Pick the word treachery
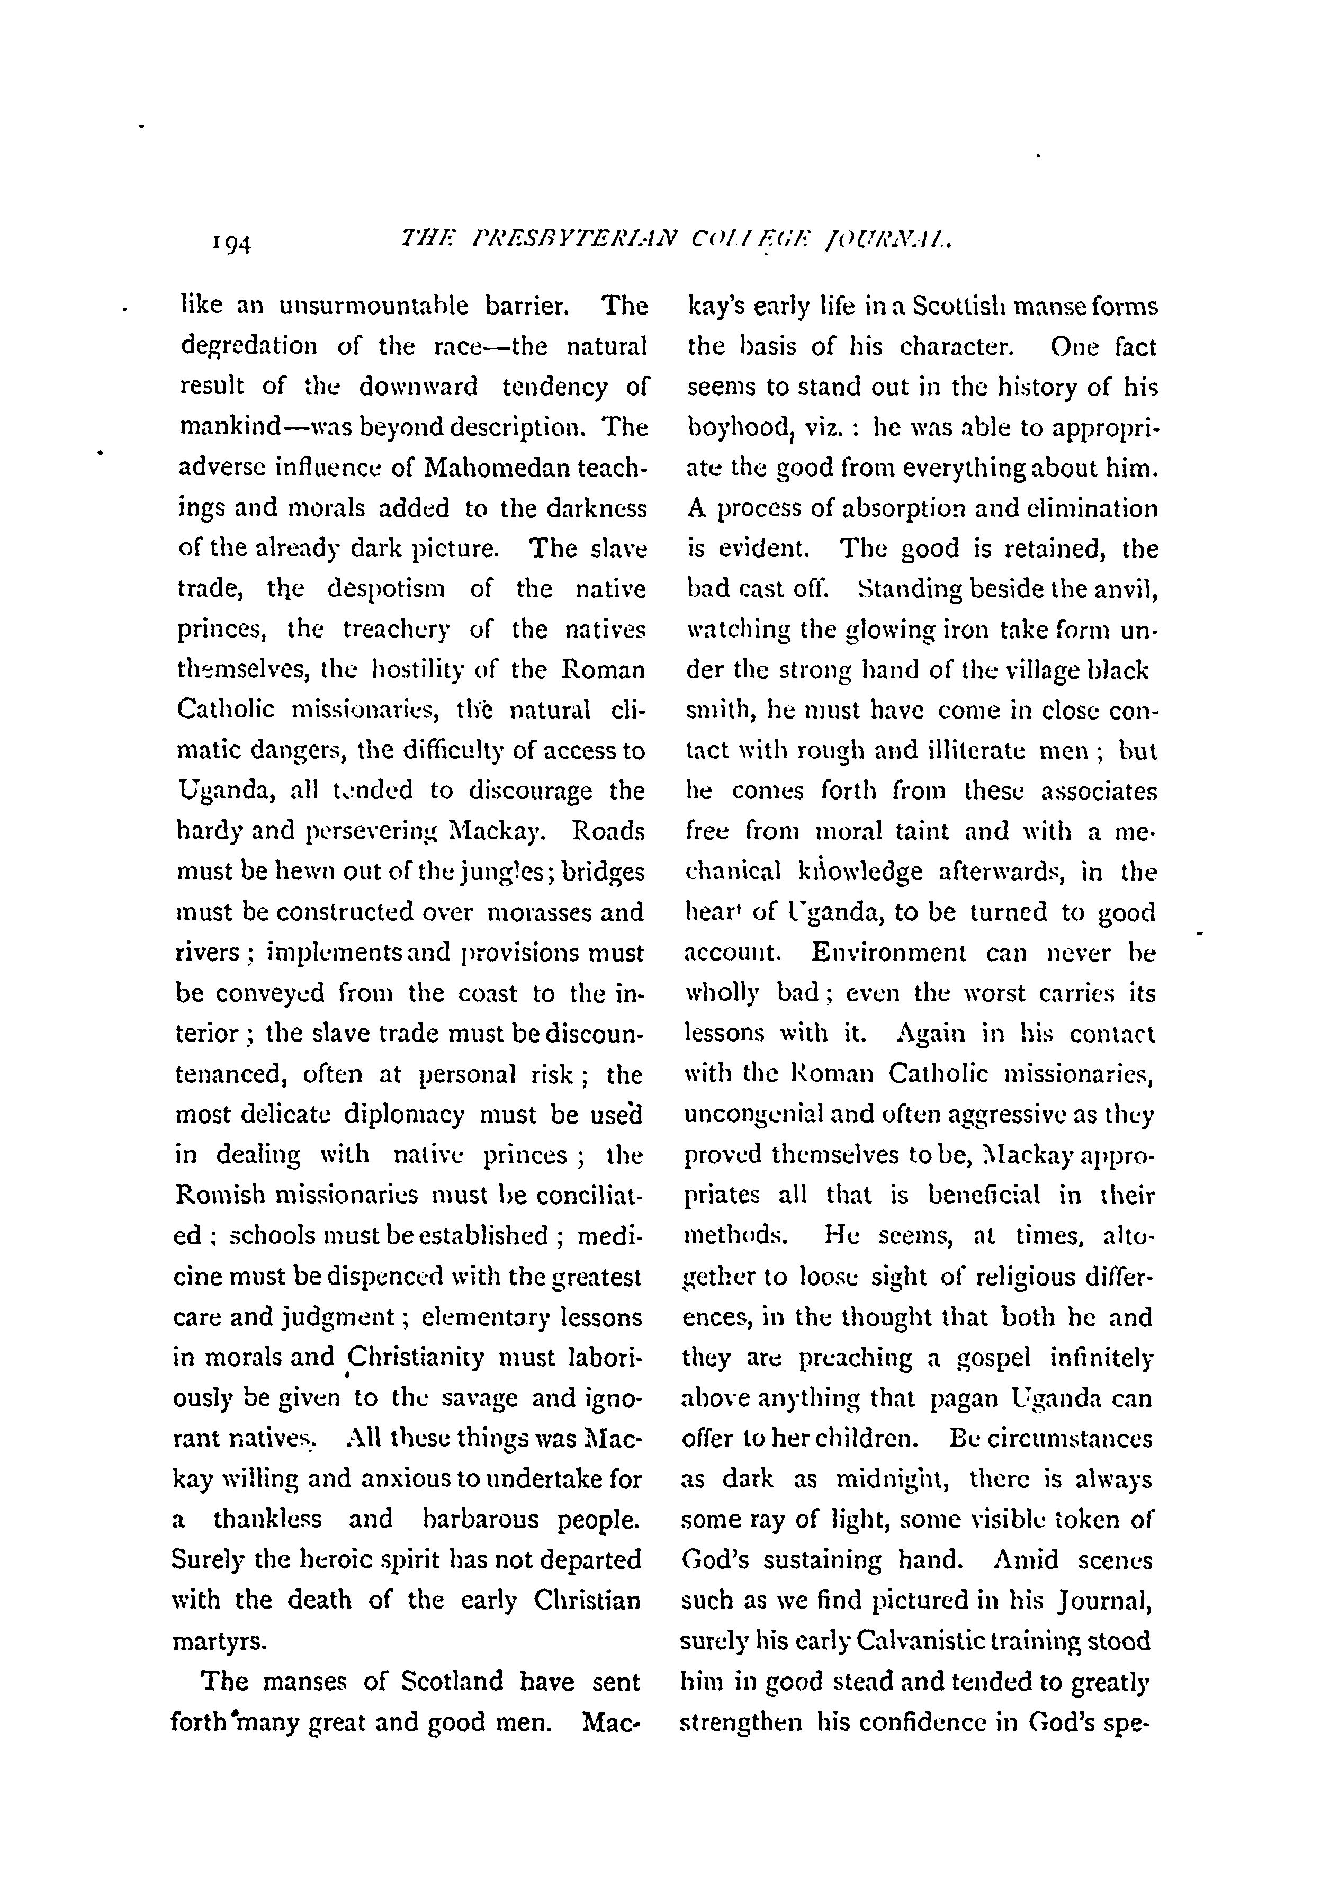click(x=396, y=630)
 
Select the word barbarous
click(x=480, y=1520)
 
